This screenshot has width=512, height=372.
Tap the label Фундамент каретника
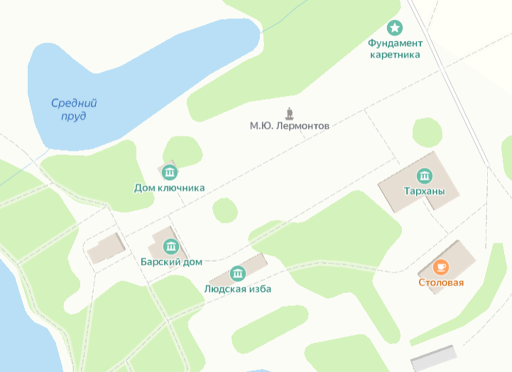[x=395, y=49]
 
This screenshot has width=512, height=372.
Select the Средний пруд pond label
[x=74, y=109]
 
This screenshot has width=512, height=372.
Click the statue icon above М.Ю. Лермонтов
[x=290, y=114]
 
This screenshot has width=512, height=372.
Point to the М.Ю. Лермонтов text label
[x=290, y=126]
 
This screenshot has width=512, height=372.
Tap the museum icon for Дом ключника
[x=170, y=172]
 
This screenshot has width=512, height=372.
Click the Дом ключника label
[x=170, y=188]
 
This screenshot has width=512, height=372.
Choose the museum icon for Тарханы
[x=425, y=176]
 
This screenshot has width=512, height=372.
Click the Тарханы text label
[x=425, y=191]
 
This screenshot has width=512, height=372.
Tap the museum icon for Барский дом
[x=171, y=246]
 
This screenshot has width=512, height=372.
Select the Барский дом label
[x=171, y=262]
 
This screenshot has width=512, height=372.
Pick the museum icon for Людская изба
[x=238, y=273]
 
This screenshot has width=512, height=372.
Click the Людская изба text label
[x=238, y=289]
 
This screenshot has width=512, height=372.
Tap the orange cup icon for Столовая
[x=441, y=267]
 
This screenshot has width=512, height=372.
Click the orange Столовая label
[x=441, y=283]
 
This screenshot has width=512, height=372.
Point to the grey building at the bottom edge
[x=434, y=358]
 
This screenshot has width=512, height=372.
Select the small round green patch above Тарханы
[x=427, y=132]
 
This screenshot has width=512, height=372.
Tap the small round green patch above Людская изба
[x=225, y=211]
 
